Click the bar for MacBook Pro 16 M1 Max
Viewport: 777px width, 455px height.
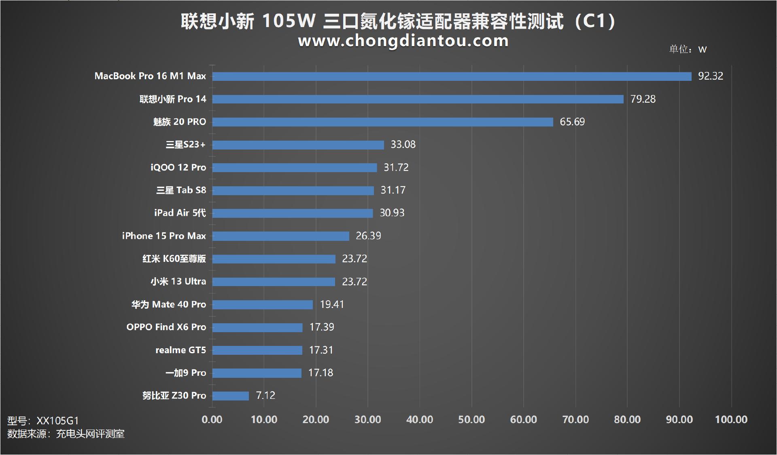[452, 76]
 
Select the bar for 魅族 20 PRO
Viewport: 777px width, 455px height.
[382, 122]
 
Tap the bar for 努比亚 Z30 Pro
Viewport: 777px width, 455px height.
[231, 396]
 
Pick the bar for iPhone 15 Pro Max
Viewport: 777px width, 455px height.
[280, 236]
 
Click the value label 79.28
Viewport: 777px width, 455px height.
[643, 99]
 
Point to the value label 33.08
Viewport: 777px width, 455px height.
[403, 145]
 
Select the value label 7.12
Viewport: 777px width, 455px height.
[265, 396]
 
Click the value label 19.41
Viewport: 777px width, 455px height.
[332, 304]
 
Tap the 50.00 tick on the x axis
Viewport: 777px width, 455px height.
[471, 419]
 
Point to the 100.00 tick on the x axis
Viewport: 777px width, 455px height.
[731, 419]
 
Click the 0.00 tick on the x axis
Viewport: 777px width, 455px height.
[212, 419]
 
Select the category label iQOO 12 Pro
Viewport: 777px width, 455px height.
[178, 168]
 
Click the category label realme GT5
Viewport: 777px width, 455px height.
[180, 350]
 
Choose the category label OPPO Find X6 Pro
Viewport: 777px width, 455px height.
[166, 327]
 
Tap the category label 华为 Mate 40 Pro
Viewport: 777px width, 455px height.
[168, 305]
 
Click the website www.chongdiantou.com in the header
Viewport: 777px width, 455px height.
[403, 41]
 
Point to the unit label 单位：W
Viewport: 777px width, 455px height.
[688, 49]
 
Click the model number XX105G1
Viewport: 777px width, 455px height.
[57, 421]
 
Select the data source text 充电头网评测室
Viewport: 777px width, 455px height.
[90, 434]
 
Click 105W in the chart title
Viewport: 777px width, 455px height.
[288, 21]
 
